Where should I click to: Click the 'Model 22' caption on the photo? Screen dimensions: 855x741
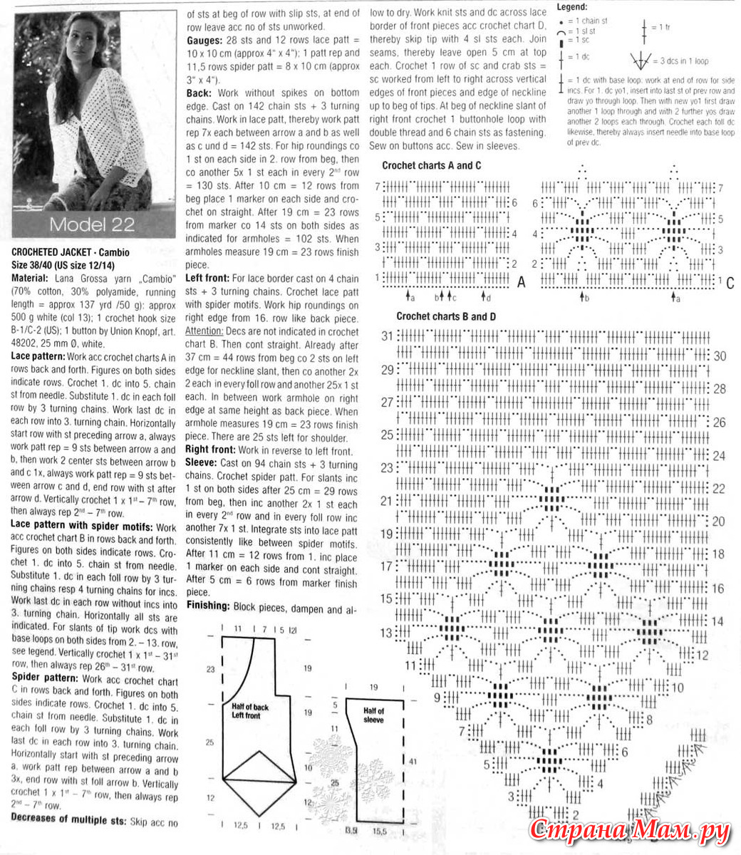(x=92, y=224)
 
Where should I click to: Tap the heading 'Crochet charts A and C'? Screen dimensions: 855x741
(x=432, y=165)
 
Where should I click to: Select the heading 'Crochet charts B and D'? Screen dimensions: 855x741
(x=446, y=316)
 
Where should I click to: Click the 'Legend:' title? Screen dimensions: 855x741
(x=571, y=7)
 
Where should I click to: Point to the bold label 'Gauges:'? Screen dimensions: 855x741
(x=205, y=41)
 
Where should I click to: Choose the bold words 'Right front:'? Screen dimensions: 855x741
(x=211, y=450)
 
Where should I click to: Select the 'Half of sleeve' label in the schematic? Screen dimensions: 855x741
(x=373, y=715)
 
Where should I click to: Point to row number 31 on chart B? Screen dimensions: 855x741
(x=387, y=336)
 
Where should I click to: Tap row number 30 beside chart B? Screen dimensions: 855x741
(x=720, y=356)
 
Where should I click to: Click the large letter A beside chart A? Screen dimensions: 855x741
(x=521, y=283)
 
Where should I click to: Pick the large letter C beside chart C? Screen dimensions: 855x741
(x=730, y=283)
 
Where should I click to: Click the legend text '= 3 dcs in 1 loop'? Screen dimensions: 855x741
(x=683, y=61)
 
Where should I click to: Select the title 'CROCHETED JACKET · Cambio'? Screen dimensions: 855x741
(x=71, y=252)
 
